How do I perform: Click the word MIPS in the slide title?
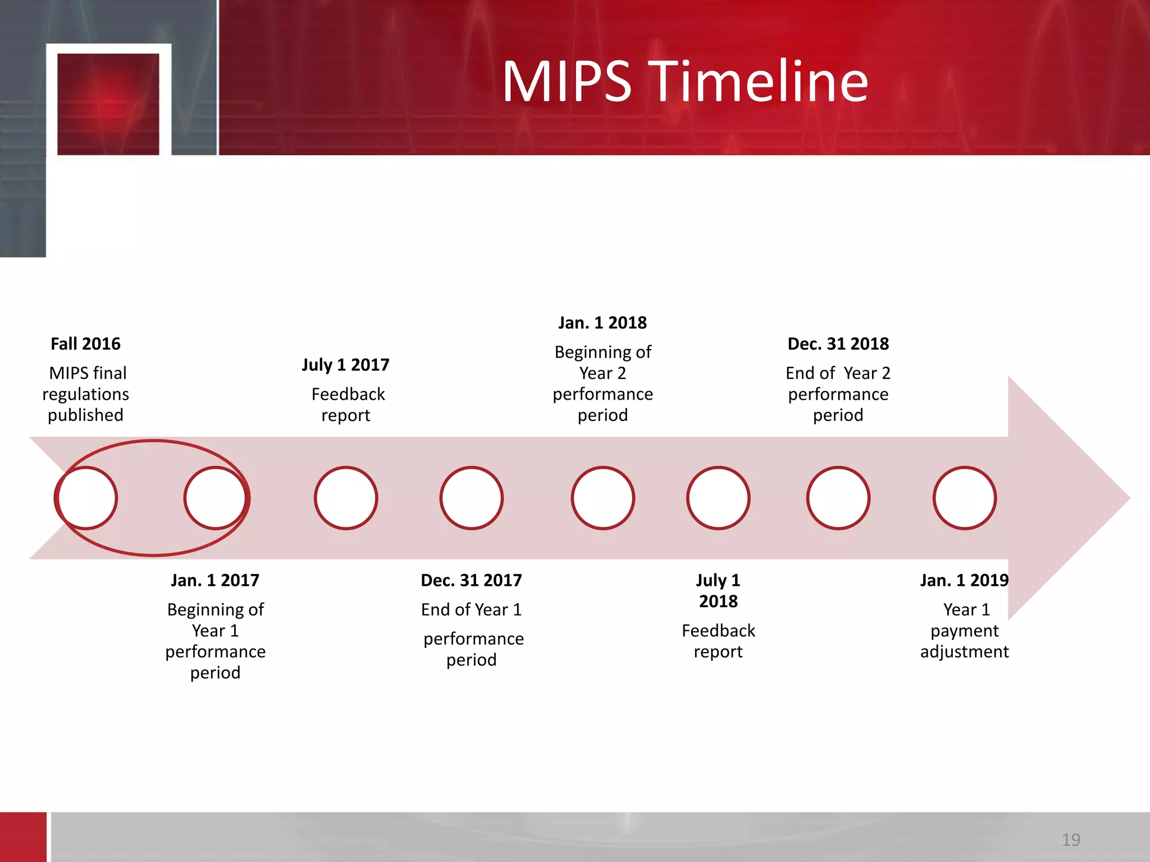coord(567,82)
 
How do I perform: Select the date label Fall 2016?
coord(85,343)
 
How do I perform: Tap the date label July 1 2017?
coord(345,365)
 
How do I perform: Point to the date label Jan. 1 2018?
coord(603,323)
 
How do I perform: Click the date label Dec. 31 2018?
coord(838,343)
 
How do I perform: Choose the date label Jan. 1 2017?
coord(215,580)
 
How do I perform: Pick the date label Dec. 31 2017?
coord(471,580)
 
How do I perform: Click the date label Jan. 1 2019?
coord(964,580)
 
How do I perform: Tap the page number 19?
coord(1071,840)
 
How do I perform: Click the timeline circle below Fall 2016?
coord(86,498)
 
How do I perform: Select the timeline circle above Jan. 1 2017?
coord(215,498)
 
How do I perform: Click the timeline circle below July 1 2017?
coord(346,498)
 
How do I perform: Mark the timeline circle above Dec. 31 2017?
coord(472,498)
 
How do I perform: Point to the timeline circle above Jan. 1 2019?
coord(965,498)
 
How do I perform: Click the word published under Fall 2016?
coord(85,415)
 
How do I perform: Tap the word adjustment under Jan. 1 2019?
coord(964,652)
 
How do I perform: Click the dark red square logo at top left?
coord(108,104)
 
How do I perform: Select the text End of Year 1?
coord(471,609)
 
